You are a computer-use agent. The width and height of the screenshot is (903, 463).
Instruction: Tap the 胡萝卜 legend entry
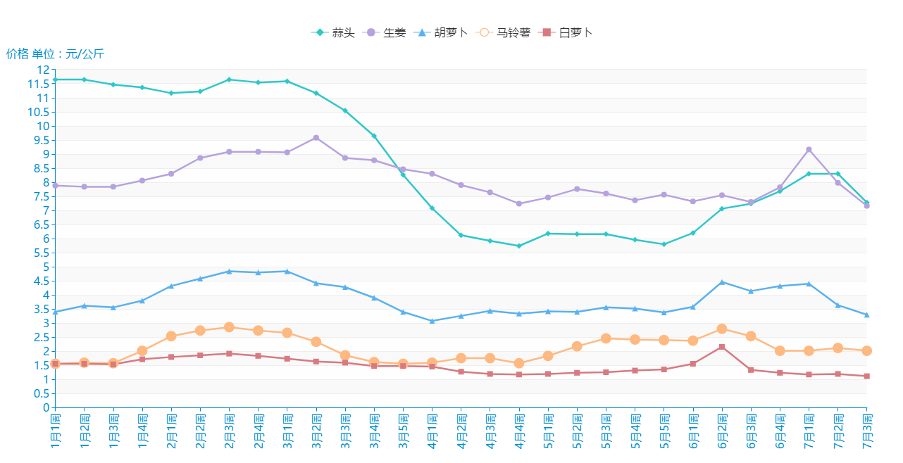(x=442, y=32)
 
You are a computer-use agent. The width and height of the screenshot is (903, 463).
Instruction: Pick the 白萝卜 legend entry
(x=566, y=32)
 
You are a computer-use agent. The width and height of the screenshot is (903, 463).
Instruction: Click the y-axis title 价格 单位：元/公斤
(x=55, y=54)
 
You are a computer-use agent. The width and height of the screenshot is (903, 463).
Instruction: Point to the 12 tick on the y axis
(x=44, y=70)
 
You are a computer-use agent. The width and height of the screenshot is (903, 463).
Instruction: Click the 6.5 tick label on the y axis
(x=41, y=224)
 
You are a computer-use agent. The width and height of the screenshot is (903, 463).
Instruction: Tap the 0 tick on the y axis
(x=46, y=407)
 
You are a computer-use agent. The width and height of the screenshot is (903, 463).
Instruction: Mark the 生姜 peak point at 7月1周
(x=809, y=149)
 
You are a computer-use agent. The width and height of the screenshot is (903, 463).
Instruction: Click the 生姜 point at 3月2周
(x=316, y=138)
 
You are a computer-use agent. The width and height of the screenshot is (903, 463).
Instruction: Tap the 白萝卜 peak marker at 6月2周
(x=722, y=347)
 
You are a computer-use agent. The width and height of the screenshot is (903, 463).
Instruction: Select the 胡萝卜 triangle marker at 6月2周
(x=722, y=282)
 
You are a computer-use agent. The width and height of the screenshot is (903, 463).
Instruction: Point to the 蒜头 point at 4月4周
(x=519, y=246)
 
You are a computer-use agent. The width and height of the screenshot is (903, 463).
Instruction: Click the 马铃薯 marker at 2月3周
(x=229, y=327)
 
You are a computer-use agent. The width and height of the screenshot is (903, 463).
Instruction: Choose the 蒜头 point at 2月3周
(x=229, y=80)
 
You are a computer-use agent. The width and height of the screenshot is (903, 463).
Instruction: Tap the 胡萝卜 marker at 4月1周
(x=432, y=321)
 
